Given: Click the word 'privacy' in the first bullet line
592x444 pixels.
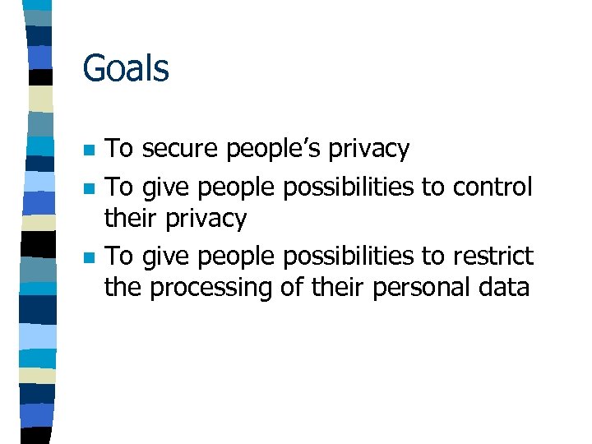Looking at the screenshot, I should [x=368, y=150].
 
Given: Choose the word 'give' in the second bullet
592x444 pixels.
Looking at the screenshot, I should [x=164, y=187].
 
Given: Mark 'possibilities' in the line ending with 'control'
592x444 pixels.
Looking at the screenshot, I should [x=349, y=187].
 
